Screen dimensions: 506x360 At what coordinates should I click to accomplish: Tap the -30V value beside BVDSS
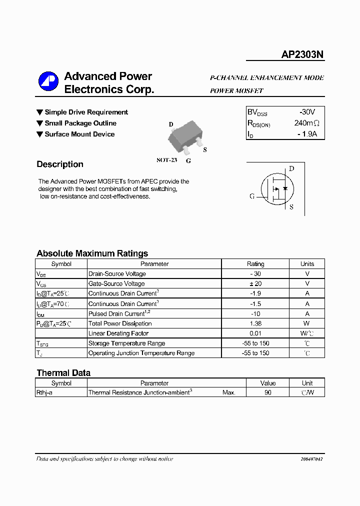[306, 112]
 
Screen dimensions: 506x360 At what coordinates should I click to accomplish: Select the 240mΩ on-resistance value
[306, 123]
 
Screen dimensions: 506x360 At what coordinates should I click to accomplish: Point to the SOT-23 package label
[166, 160]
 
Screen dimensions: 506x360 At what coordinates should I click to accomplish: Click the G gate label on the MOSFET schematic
[252, 196]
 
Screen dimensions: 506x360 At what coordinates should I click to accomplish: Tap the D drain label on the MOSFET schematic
[291, 168]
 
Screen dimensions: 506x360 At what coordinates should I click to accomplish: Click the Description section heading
[60, 164]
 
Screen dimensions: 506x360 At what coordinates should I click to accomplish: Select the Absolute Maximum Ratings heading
[92, 253]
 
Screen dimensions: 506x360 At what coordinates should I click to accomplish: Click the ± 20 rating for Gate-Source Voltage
[255, 283]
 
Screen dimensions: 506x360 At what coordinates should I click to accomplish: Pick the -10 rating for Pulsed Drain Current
[255, 313]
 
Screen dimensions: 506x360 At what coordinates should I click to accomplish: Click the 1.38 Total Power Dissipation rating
[255, 323]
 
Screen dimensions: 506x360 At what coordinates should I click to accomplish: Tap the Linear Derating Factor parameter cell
[118, 333]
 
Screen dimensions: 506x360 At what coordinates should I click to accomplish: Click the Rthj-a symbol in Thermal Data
[44, 393]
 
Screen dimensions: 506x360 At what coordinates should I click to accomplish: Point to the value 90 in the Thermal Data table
[268, 393]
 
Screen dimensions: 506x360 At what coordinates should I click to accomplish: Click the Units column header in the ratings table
[307, 264]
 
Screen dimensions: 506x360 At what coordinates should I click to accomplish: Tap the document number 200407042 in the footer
[311, 459]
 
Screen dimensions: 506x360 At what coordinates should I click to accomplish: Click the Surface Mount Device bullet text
[79, 134]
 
